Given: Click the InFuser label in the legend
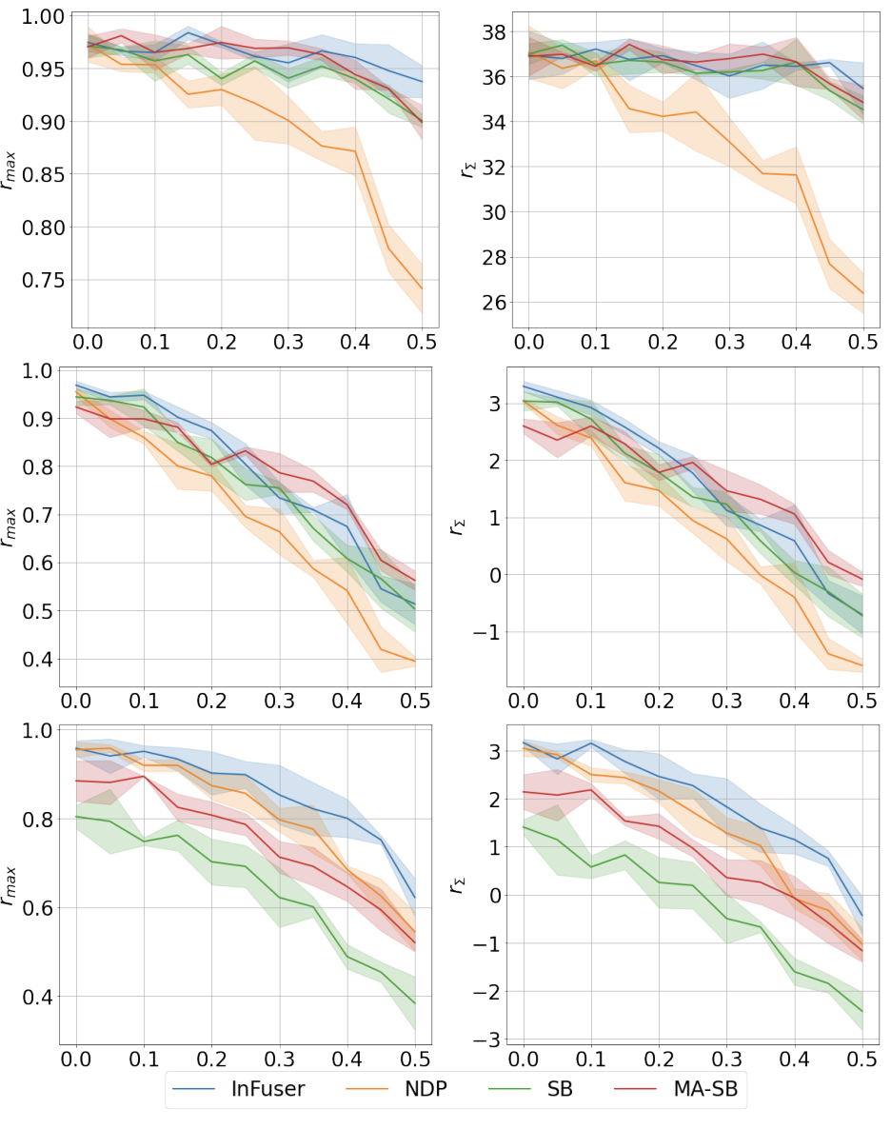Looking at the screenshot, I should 267,1090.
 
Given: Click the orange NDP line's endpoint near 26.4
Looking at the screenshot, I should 862,293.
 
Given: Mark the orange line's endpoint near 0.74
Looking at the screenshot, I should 423,288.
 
